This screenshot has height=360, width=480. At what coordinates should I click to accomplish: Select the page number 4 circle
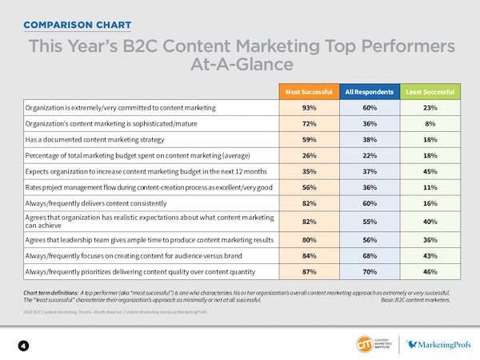coord(24,345)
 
